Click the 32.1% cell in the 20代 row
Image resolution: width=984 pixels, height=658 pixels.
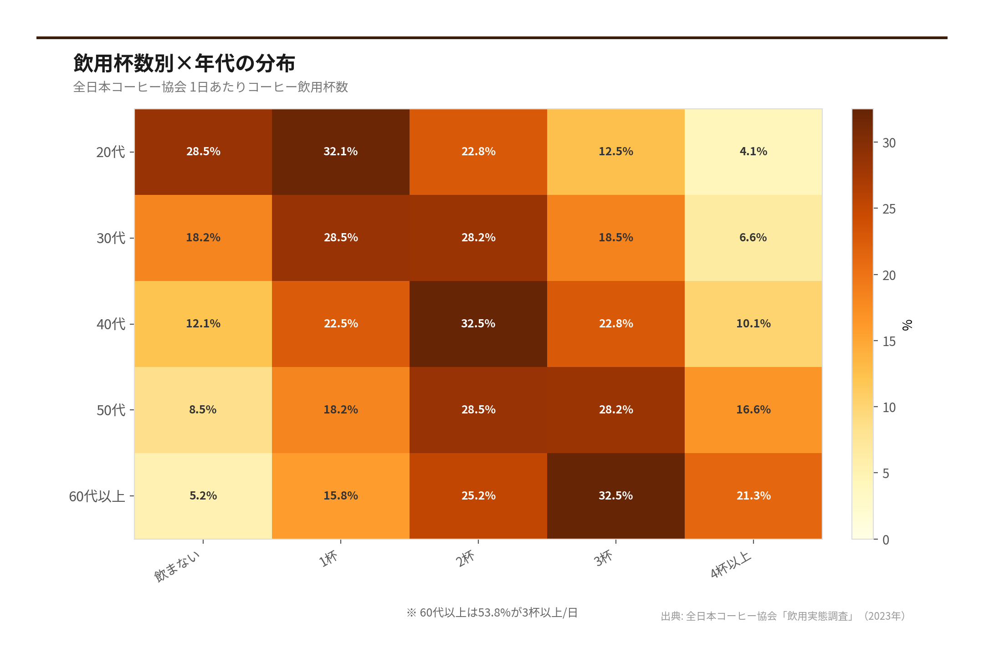[340, 152]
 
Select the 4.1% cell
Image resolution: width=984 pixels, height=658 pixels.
[753, 152]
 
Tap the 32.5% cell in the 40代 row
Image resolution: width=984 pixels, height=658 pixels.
[478, 324]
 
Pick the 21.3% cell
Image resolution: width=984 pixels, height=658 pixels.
[753, 496]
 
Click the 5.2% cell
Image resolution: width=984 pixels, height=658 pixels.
[203, 496]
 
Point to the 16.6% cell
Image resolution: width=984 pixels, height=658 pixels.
[753, 410]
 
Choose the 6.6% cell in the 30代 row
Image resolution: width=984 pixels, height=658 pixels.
[753, 238]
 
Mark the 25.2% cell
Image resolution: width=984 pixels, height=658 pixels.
[478, 496]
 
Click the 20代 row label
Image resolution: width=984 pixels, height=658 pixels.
[110, 152]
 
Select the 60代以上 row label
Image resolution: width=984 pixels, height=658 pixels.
[97, 496]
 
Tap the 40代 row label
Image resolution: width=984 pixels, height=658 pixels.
[110, 324]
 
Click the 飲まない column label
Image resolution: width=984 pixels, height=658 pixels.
[177, 566]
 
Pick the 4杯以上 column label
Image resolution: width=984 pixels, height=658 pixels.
[730, 565]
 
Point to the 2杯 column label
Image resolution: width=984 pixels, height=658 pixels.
[466, 558]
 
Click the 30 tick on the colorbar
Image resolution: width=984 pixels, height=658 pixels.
[889, 143]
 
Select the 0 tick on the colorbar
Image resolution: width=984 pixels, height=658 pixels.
[886, 540]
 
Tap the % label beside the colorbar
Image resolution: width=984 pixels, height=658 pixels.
[907, 325]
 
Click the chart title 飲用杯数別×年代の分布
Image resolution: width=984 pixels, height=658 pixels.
[184, 63]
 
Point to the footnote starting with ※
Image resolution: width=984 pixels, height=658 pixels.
[492, 613]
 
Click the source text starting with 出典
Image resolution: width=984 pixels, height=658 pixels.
[783, 616]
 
